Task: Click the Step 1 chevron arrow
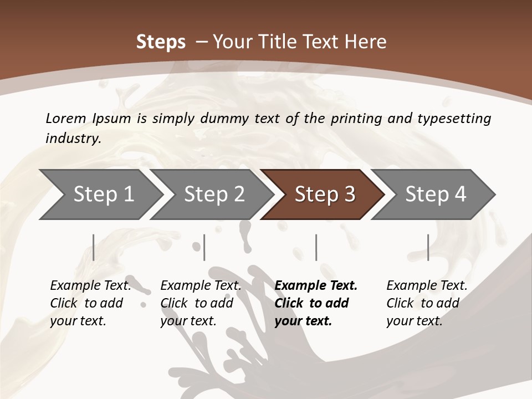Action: pyautogui.click(x=100, y=195)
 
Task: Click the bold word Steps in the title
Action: pyautogui.click(x=161, y=42)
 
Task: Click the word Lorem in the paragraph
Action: pyautogui.click(x=65, y=118)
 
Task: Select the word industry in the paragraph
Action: pyautogui.click(x=73, y=138)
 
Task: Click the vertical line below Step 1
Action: pyautogui.click(x=94, y=247)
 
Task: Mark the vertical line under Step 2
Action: pyautogui.click(x=204, y=247)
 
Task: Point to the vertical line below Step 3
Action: pyautogui.click(x=316, y=247)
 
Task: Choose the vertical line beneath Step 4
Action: pyautogui.click(x=428, y=247)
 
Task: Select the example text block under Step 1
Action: pyautogui.click(x=90, y=303)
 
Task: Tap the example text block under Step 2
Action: pyautogui.click(x=201, y=303)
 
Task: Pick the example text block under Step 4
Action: pyautogui.click(x=427, y=303)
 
